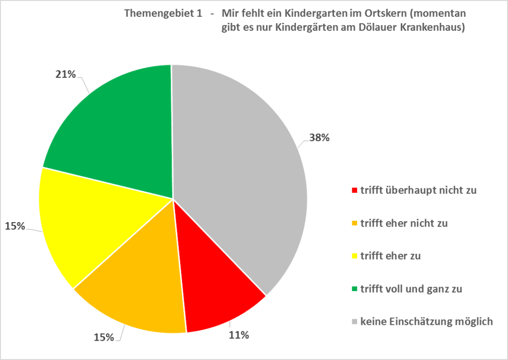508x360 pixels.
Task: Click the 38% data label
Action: (319, 138)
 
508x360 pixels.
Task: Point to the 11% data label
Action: (239, 335)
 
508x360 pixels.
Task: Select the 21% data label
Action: (65, 74)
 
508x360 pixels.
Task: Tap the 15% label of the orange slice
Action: (104, 338)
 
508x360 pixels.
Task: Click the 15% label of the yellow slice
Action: (15, 226)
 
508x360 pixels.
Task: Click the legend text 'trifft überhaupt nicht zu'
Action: (419, 190)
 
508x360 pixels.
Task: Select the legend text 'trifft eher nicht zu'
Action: (404, 223)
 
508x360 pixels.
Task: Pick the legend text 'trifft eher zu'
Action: (390, 256)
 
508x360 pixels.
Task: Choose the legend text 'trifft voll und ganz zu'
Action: (411, 289)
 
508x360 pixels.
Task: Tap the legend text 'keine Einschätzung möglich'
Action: (427, 322)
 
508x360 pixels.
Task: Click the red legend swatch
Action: (354, 190)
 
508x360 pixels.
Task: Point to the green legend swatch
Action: (354, 289)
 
